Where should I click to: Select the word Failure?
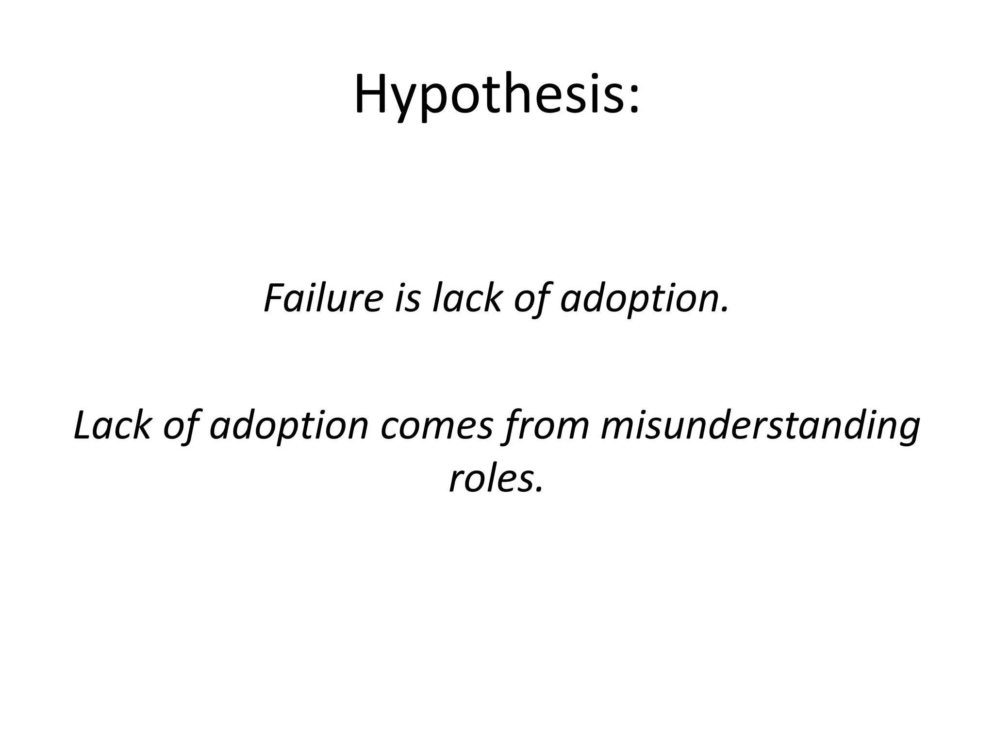click(x=323, y=298)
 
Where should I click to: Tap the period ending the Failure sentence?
click(x=726, y=309)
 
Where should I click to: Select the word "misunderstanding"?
click(x=760, y=427)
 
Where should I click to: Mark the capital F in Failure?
click(x=275, y=298)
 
